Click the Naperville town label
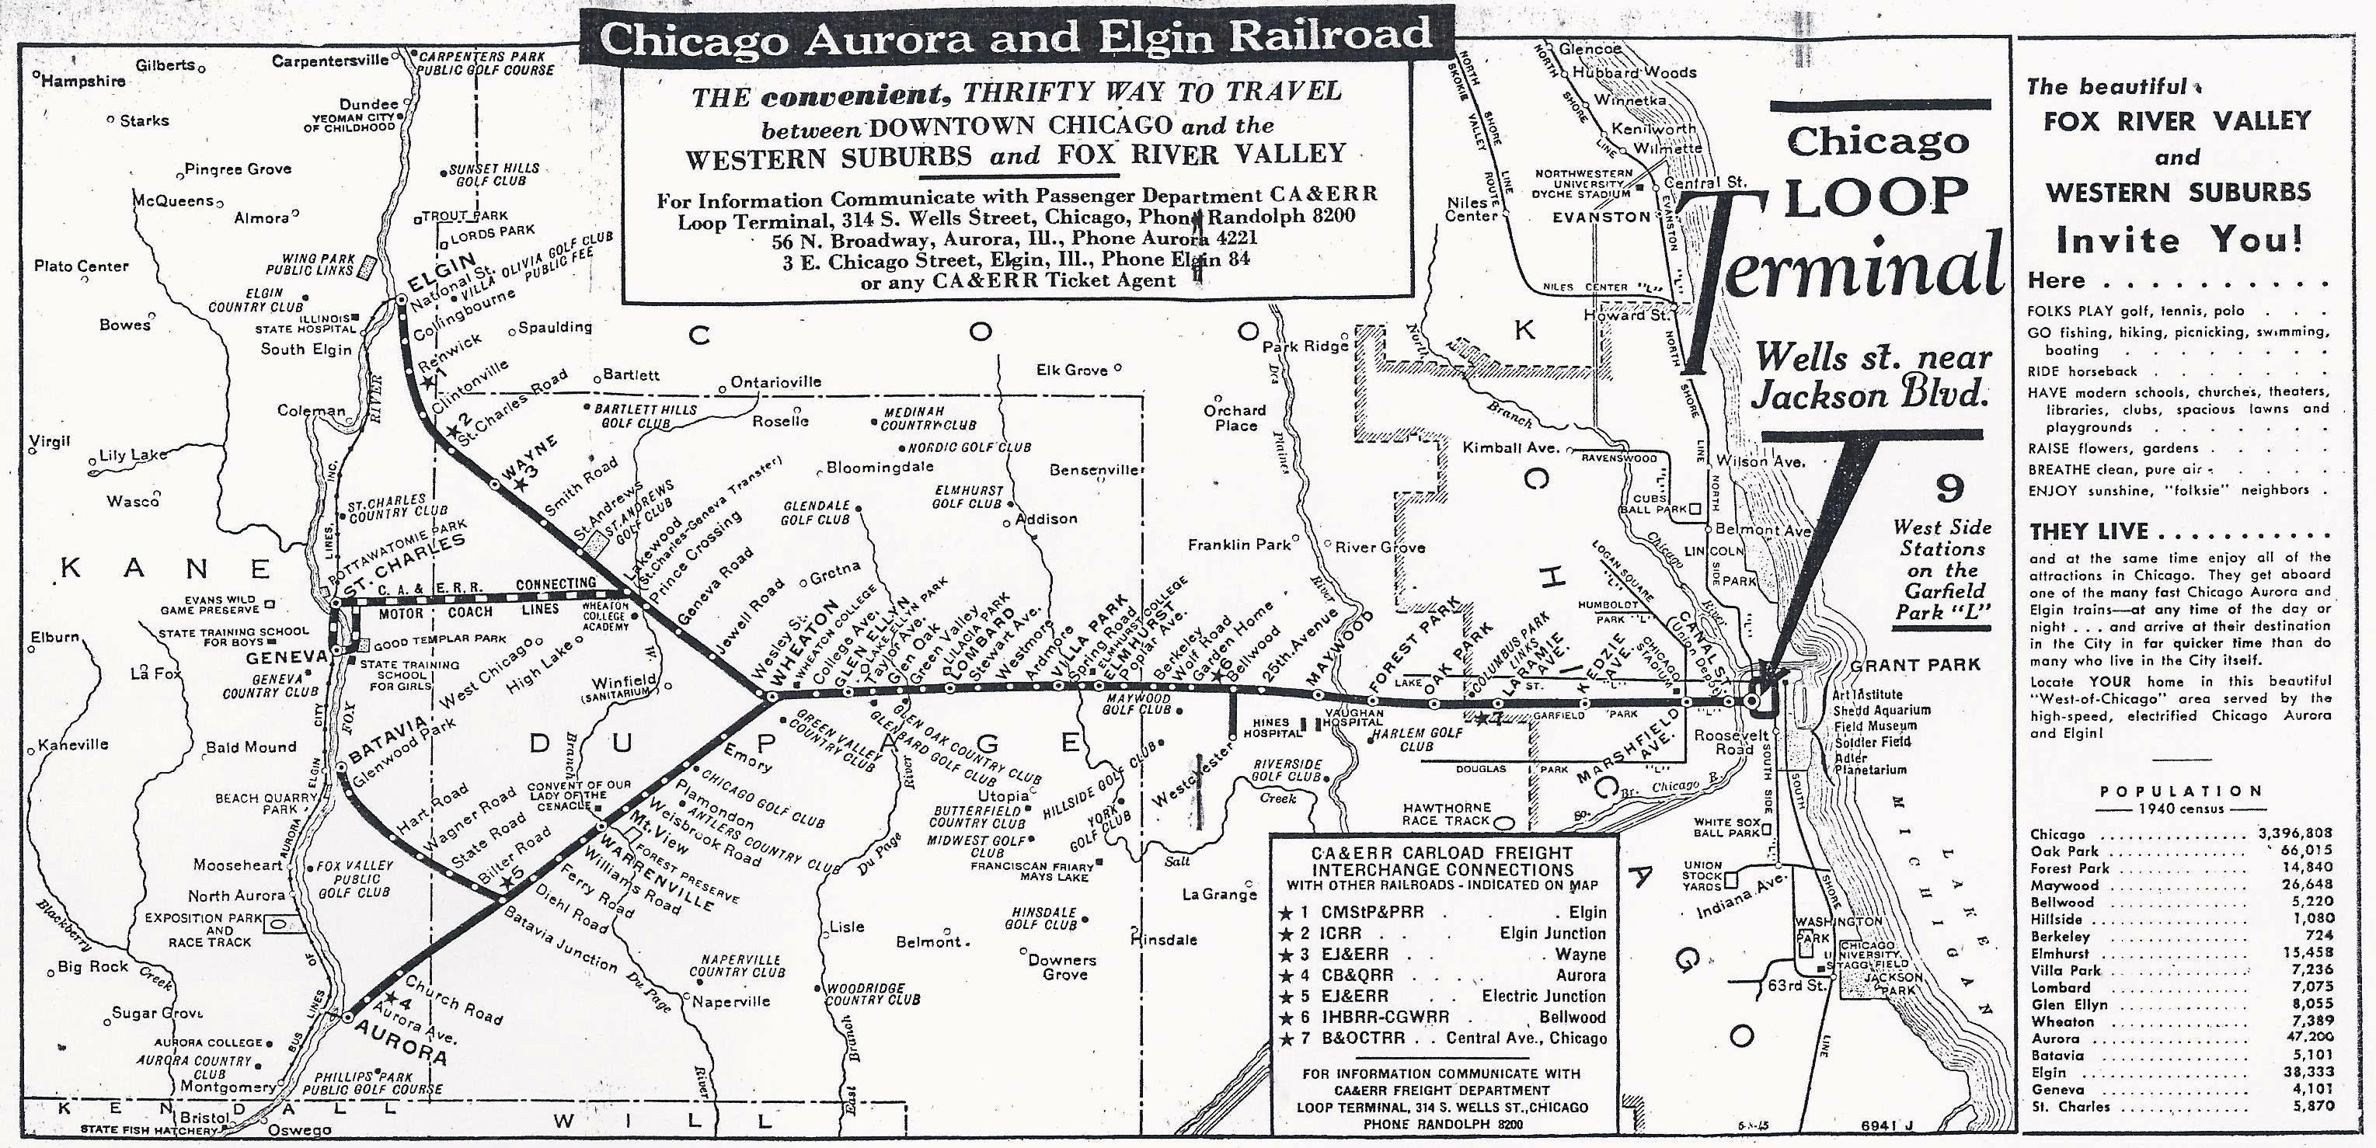click(x=731, y=1001)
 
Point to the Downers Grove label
click(x=1063, y=966)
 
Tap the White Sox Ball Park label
click(x=1726, y=827)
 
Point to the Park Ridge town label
click(x=1305, y=346)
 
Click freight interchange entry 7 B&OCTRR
click(x=1444, y=1038)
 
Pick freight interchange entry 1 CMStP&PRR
click(x=1444, y=912)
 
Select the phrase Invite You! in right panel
click(x=2179, y=241)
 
